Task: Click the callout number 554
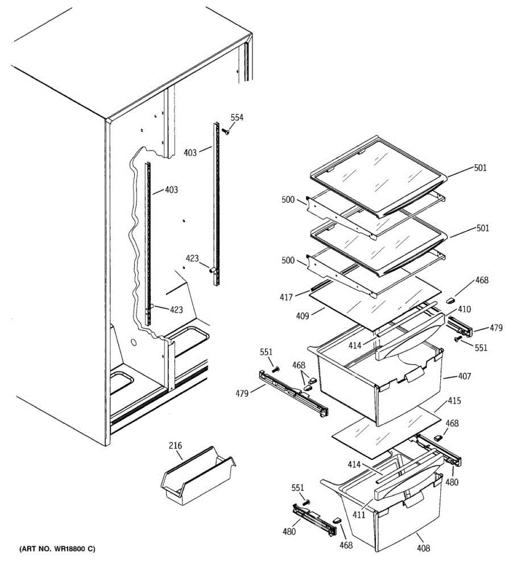(237, 117)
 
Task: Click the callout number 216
(176, 446)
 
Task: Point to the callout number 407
(464, 376)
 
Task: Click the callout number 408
(423, 548)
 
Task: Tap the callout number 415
(454, 401)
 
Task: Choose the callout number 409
(303, 316)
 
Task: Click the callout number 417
(286, 297)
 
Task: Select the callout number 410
(465, 309)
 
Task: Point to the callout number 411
(359, 515)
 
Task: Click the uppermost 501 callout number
(480, 167)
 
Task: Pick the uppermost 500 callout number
(288, 200)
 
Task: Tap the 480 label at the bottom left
(289, 532)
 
